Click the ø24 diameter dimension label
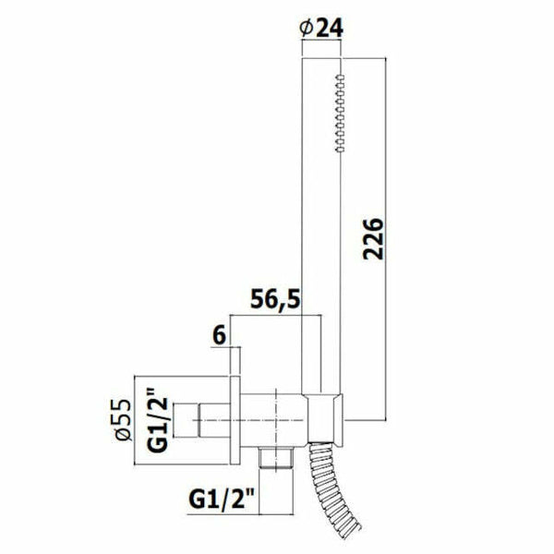pos(321,28)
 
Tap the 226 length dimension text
pos(373,239)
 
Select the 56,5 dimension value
pos(275,299)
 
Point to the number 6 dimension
pos(219,335)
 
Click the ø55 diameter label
pos(124,420)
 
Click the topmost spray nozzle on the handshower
pos(340,77)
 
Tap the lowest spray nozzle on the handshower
pos(340,150)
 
